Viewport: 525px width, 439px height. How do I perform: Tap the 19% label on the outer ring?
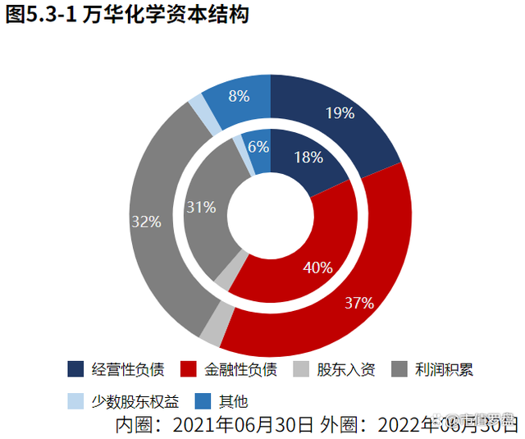click(x=340, y=112)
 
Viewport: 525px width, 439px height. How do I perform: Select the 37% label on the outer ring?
click(x=359, y=303)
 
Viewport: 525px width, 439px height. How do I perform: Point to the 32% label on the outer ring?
click(x=146, y=222)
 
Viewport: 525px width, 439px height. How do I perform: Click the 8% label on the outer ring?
click(x=240, y=95)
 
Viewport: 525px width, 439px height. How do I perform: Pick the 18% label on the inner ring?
click(x=308, y=158)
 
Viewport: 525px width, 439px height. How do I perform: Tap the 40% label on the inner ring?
click(x=317, y=267)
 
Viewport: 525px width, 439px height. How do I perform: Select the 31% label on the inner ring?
click(x=201, y=207)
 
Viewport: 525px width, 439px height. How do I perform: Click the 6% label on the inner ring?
click(x=258, y=147)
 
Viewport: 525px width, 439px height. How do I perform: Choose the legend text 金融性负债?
click(x=240, y=369)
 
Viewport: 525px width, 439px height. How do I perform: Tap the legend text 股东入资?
click(x=345, y=369)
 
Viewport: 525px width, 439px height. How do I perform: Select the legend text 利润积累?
click(x=445, y=369)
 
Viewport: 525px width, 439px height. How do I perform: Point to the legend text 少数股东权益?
click(x=134, y=401)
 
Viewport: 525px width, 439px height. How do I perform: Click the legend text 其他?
click(x=233, y=401)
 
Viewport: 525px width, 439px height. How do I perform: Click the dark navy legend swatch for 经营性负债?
click(x=75, y=369)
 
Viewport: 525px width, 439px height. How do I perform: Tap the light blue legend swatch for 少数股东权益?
click(x=75, y=401)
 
